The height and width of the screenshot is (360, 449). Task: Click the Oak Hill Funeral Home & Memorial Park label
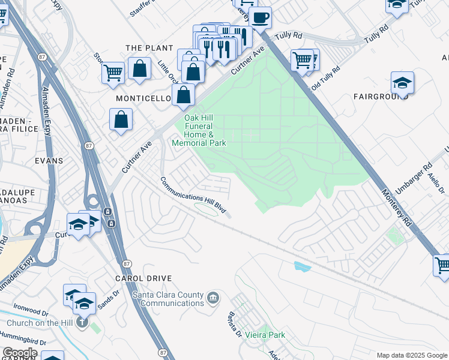coord(199,130)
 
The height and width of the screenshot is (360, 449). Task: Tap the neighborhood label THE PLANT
coord(149,48)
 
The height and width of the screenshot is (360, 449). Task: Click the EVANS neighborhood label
coord(49,161)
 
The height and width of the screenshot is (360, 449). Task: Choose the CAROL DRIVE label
coord(143,278)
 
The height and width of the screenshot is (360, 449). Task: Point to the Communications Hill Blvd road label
coord(193,196)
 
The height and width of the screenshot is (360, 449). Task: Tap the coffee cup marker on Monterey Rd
coord(260,18)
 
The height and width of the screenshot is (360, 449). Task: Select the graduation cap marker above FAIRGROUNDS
coord(402,83)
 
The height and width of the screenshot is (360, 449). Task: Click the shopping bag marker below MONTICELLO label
coord(121,119)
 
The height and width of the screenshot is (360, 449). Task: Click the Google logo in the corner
coord(20,353)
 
